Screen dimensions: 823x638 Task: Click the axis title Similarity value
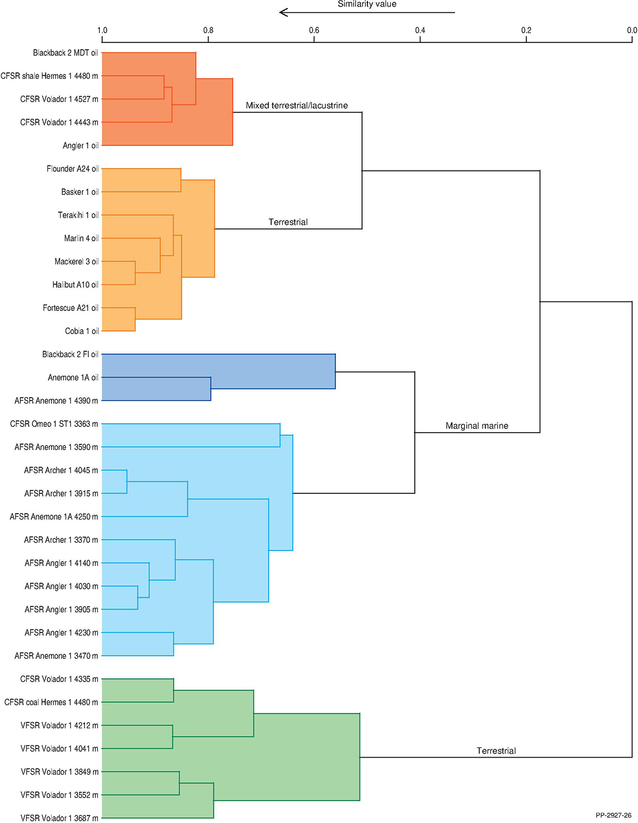367,4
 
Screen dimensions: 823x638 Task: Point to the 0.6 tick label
314,30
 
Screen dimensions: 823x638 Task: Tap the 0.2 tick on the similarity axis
526,30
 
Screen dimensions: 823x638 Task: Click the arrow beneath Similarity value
367,12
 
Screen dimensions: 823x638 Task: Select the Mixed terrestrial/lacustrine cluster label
297,105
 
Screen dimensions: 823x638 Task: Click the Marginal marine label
477,426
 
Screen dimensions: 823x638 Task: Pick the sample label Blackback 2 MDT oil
65,53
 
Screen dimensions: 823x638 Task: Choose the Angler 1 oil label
81,146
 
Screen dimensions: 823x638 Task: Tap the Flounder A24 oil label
72,169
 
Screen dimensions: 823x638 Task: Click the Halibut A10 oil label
75,285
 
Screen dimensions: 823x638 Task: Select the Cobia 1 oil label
82,331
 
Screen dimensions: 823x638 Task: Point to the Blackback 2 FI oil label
70,354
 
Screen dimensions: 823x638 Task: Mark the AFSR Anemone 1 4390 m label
56,401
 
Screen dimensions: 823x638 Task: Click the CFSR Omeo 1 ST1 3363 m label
54,424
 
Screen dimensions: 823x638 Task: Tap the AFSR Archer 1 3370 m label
61,540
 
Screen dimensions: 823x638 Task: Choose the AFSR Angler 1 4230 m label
61,633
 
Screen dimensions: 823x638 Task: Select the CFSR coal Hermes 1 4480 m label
51,702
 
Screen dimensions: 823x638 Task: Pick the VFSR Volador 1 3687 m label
60,818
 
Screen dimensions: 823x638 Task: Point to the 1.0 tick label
102,30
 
